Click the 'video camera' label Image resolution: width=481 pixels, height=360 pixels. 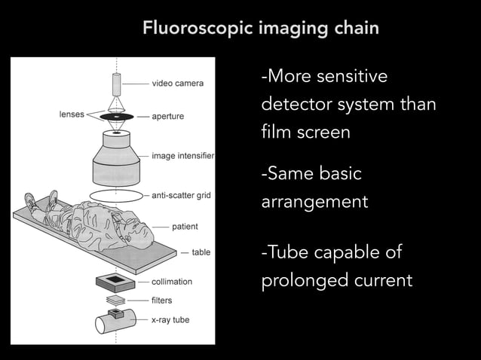point(177,83)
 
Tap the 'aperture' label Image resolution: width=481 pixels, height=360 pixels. point(167,117)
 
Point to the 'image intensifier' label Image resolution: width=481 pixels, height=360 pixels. point(183,157)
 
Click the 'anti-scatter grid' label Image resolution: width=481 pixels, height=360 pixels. point(181,196)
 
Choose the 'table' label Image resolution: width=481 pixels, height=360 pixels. point(201,252)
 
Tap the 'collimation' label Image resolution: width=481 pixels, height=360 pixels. point(172,282)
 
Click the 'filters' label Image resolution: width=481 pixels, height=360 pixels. point(162,301)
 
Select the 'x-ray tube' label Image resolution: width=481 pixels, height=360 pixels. point(170,320)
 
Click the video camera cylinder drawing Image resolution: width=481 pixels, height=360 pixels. point(117,82)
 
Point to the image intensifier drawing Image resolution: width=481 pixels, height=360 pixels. point(117,162)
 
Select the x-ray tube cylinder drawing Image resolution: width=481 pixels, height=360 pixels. point(112,323)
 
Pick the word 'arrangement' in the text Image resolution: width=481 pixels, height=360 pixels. point(314,203)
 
